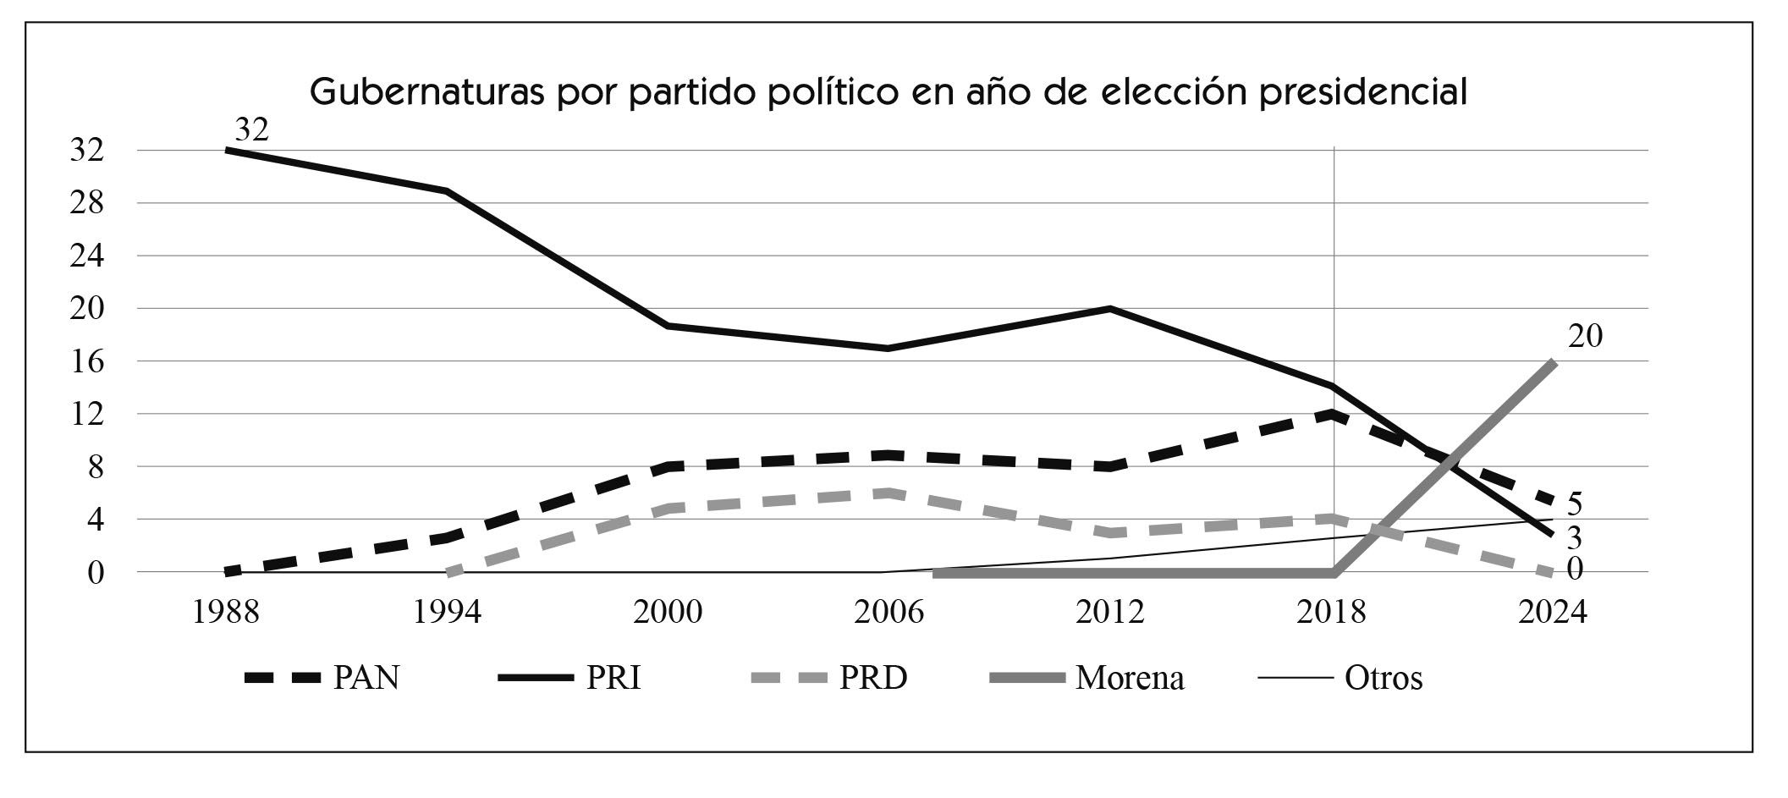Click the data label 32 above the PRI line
click(251, 129)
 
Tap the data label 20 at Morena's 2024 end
click(1585, 337)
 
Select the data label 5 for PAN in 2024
click(1574, 504)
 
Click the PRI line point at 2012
click(1110, 309)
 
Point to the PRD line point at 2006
click(888, 493)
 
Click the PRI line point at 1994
click(447, 191)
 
